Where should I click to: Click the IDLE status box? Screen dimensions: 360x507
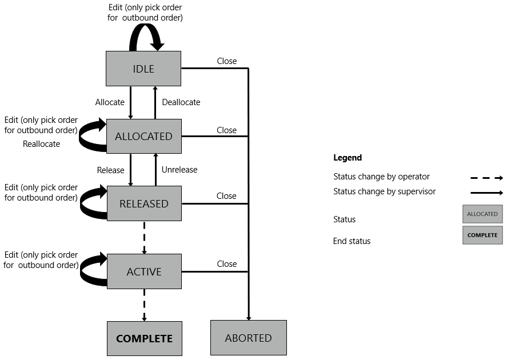[x=143, y=69]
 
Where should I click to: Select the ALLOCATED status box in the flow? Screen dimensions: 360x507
[x=143, y=136]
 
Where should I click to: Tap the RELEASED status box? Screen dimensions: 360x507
[x=143, y=203]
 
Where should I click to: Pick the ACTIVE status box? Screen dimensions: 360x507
[x=143, y=271]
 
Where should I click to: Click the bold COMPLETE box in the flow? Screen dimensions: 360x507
[x=144, y=338]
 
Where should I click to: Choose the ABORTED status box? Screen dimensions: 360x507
[x=248, y=338]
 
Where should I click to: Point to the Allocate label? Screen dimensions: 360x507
[x=110, y=102]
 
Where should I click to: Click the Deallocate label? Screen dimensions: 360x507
[x=181, y=102]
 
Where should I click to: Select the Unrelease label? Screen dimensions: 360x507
[x=179, y=170]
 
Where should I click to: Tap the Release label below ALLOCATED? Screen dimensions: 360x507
[x=110, y=170]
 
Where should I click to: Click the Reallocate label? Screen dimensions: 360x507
[x=41, y=144]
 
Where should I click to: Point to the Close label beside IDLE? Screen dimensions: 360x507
[x=227, y=61]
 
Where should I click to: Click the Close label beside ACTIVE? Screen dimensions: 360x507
[x=227, y=264]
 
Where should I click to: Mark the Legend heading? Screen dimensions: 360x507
[x=348, y=158]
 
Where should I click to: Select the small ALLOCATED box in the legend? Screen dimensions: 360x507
[x=482, y=214]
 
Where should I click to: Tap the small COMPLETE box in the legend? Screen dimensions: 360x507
[x=482, y=235]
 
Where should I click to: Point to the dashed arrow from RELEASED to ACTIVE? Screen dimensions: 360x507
[x=144, y=229]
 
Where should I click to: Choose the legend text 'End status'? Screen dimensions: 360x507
[x=352, y=241]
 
